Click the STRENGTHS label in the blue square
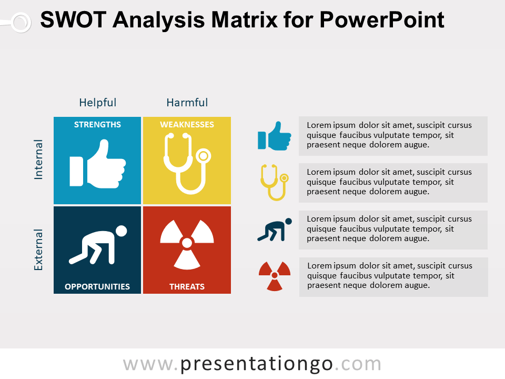[x=97, y=125]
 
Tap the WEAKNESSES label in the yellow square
[x=187, y=125]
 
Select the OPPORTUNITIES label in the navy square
[x=97, y=287]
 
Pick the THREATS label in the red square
[x=187, y=287]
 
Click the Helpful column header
[x=98, y=103]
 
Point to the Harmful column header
[x=187, y=103]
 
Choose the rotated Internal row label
[x=38, y=159]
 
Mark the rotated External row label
[x=38, y=250]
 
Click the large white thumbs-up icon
[x=98, y=164]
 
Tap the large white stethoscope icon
[x=184, y=163]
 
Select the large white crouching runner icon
[x=98, y=245]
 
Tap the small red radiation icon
[x=274, y=276]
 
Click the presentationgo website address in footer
[x=252, y=364]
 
